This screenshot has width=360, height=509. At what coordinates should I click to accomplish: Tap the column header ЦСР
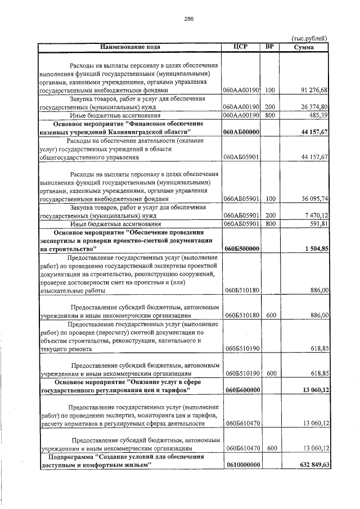[x=240, y=47]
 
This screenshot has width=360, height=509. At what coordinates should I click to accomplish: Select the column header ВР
[x=270, y=47]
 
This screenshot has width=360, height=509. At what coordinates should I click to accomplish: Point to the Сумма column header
[x=307, y=47]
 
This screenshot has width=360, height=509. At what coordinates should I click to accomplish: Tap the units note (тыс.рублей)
[x=310, y=38]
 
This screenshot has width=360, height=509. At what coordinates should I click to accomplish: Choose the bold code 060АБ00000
[x=241, y=132]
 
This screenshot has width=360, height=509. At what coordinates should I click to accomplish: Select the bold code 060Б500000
[x=241, y=249]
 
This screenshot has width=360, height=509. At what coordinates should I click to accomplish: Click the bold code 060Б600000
[x=241, y=389]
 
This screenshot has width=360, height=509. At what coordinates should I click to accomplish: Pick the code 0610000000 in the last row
[x=241, y=465]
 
